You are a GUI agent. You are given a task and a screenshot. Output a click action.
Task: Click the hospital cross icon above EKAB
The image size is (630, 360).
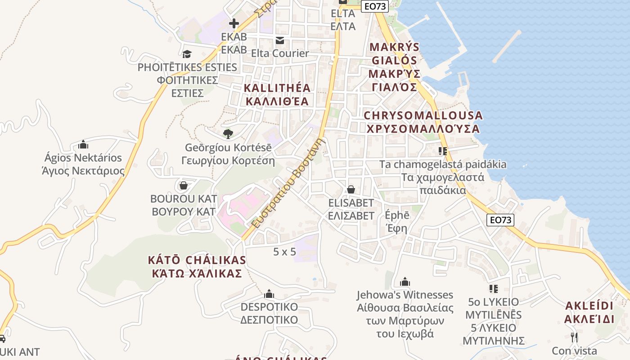pyautogui.click(x=234, y=23)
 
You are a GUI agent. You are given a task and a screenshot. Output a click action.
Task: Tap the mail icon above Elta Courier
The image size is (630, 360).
pyautogui.click(x=280, y=40)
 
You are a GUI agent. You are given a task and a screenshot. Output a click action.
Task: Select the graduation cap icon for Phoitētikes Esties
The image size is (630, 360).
pyautogui.click(x=187, y=54)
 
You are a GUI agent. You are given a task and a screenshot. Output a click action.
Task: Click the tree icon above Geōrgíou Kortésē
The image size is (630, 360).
pyautogui.click(x=228, y=134)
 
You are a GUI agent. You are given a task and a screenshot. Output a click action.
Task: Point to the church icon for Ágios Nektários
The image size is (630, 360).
pyautogui.click(x=83, y=144)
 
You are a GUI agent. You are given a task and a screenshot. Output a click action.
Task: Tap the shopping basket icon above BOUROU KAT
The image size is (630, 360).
pyautogui.click(x=184, y=185)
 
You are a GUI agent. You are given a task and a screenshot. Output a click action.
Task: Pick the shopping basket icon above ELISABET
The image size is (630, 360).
pyautogui.click(x=351, y=189)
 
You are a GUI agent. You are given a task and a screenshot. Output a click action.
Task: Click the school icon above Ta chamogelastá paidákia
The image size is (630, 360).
pyautogui.click(x=443, y=151)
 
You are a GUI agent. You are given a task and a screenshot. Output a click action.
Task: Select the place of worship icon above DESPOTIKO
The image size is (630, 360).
pyautogui.click(x=269, y=294)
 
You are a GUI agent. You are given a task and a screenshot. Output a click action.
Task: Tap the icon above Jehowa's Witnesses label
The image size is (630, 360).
pyautogui.click(x=405, y=282)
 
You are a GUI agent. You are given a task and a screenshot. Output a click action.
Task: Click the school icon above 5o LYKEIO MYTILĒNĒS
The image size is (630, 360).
pyautogui.click(x=494, y=288)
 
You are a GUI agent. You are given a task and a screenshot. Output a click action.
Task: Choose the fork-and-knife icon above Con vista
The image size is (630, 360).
pyautogui.click(x=574, y=337)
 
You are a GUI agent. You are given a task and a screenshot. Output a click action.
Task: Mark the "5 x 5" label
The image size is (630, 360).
pyautogui.click(x=284, y=252)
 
